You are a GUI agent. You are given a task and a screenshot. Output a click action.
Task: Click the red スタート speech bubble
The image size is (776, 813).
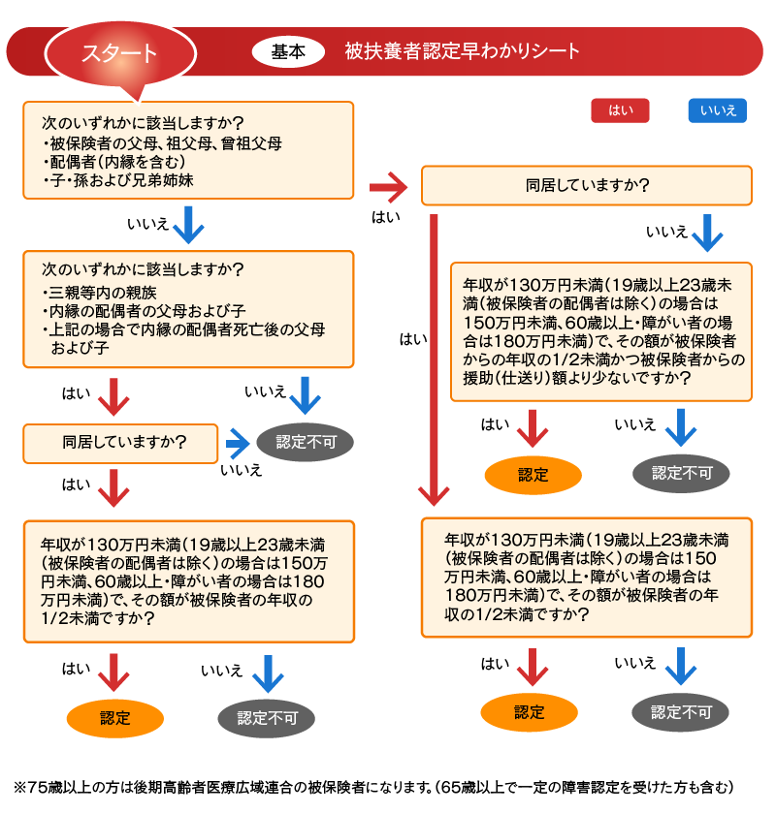pos(119,53)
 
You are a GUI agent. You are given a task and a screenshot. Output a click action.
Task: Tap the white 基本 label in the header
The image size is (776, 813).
pos(287,51)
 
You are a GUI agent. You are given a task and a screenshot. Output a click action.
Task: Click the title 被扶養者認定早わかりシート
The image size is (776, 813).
pos(462,51)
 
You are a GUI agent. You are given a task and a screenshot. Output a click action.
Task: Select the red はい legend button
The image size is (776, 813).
pos(620,110)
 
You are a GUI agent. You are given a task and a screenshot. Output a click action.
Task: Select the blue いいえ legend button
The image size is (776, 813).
pos(718,110)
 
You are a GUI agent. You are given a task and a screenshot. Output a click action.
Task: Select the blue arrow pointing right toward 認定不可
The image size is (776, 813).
pos(238,442)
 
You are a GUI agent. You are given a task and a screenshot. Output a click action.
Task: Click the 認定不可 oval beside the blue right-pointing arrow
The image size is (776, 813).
pos(306,442)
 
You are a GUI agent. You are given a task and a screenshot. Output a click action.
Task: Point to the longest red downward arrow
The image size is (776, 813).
pos(434,359)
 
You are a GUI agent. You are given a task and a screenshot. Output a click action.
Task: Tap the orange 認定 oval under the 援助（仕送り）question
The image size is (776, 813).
pos(533,474)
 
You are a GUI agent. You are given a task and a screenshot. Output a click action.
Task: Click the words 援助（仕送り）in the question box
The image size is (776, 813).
pos(519,378)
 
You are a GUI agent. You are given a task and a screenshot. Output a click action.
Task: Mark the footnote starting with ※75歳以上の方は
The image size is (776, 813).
pos(373,784)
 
